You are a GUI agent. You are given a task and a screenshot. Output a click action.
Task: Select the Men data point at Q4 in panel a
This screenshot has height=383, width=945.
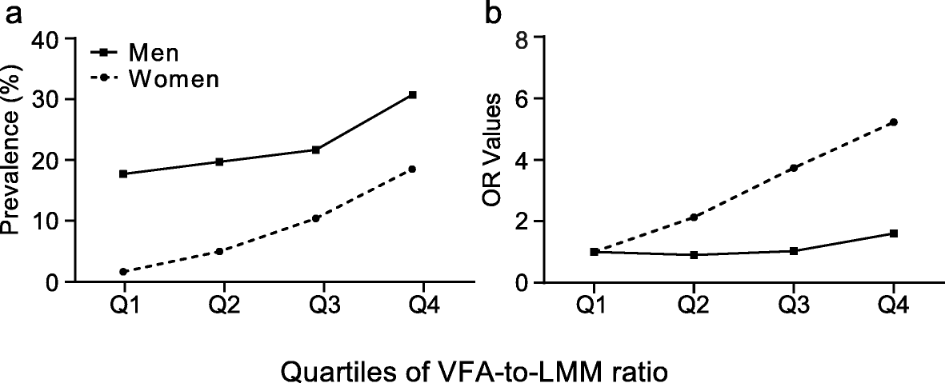(413, 95)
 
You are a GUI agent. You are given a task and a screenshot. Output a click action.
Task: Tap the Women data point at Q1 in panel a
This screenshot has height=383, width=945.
(122, 272)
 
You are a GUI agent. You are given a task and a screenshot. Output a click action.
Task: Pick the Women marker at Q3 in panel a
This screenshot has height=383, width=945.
(316, 218)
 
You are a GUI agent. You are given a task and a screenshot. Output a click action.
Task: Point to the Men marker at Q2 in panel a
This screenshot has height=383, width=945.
(219, 162)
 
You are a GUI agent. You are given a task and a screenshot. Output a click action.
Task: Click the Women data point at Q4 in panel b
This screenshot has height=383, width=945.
(894, 122)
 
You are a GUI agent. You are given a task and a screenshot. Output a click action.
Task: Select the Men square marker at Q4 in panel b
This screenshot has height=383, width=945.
(894, 233)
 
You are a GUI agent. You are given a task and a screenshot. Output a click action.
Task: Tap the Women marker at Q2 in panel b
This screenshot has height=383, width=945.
(693, 217)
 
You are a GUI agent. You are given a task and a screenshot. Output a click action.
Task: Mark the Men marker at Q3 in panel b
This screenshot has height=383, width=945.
(793, 251)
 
